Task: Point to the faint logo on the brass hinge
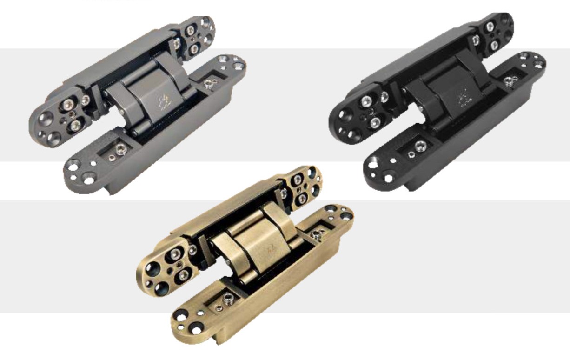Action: click(x=272, y=252)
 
